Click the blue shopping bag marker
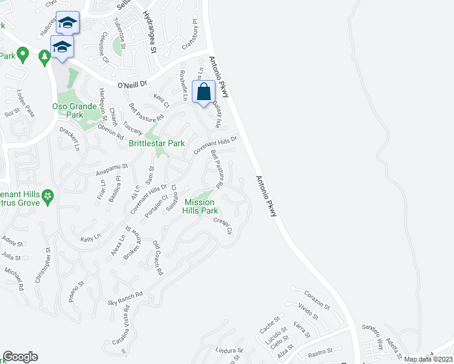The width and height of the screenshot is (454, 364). (204, 92)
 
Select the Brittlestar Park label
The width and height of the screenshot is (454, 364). (157, 144)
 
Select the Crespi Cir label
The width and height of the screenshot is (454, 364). (223, 225)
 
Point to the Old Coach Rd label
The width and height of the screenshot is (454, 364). (158, 258)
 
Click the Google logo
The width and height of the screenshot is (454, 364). (20, 357)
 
